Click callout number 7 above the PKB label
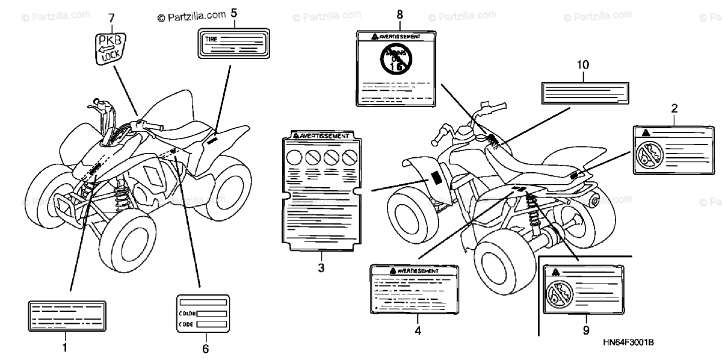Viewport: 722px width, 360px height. pyautogui.click(x=111, y=18)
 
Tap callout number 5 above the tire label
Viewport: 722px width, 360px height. pyautogui.click(x=233, y=13)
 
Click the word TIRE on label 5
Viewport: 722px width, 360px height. pyautogui.click(x=211, y=38)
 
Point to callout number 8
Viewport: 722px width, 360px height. pyautogui.click(x=400, y=14)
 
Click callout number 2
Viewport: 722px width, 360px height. pyautogui.click(x=674, y=108)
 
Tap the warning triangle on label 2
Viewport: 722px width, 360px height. pyautogui.click(x=646, y=132)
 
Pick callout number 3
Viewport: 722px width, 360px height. pyautogui.click(x=321, y=268)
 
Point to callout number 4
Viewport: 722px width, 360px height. pyautogui.click(x=418, y=331)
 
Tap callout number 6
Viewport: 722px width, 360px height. pyautogui.click(x=205, y=349)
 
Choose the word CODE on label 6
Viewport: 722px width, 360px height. pyautogui.click(x=186, y=324)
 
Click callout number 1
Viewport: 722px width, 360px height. pyautogui.click(x=65, y=347)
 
